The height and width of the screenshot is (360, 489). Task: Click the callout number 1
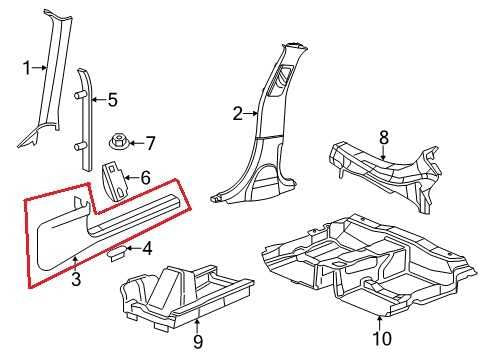click(x=28, y=68)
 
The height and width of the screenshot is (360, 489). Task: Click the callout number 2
click(x=238, y=115)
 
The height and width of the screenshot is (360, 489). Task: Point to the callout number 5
click(x=112, y=99)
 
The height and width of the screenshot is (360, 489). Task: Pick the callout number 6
click(x=145, y=178)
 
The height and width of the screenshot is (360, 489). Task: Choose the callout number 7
click(x=151, y=142)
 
